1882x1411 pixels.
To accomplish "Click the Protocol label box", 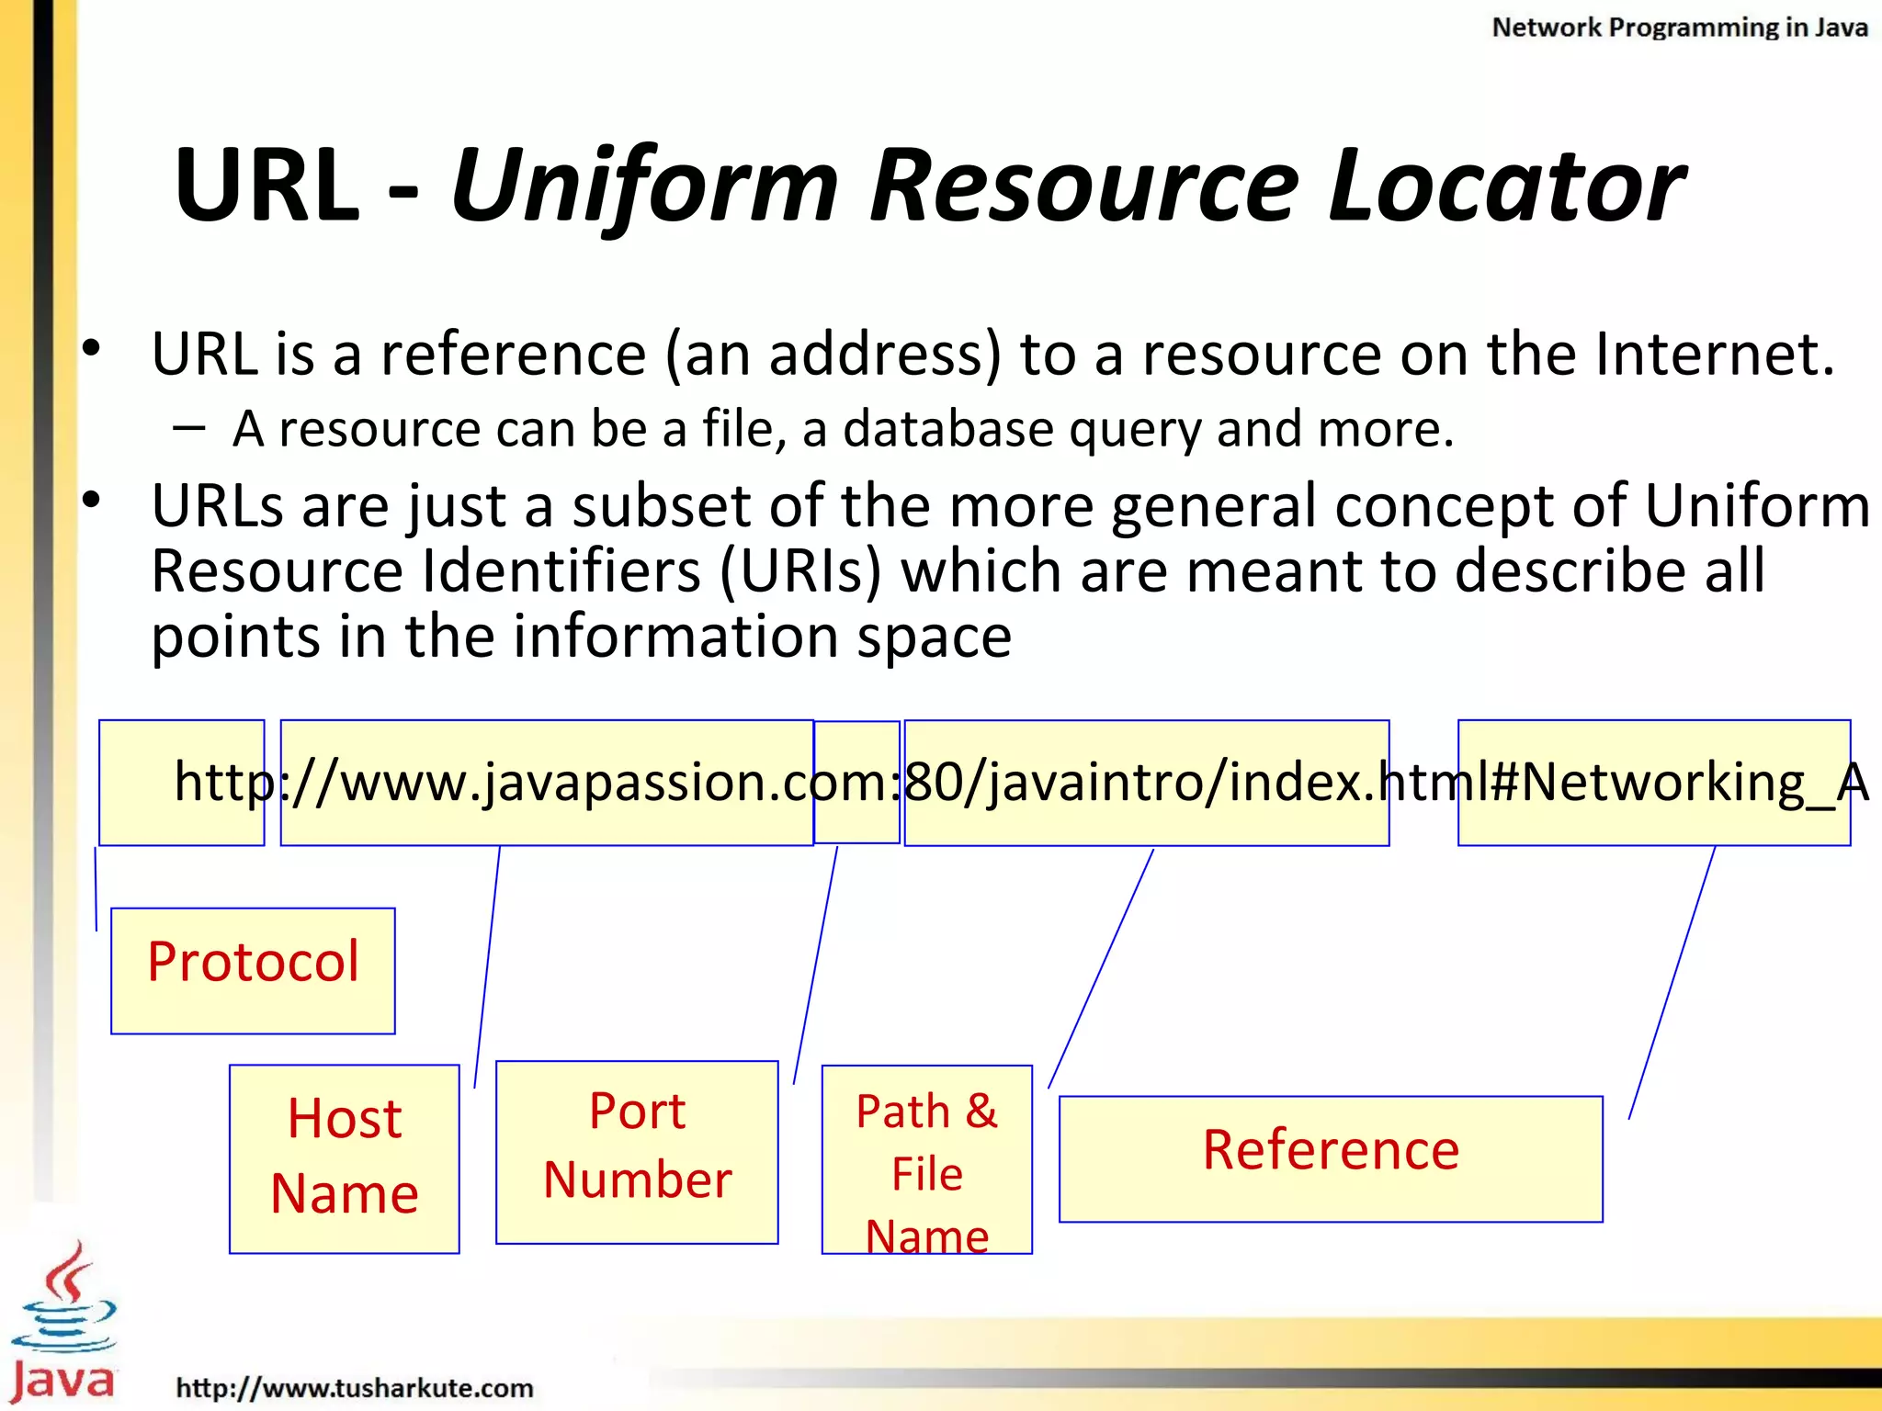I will (253, 970).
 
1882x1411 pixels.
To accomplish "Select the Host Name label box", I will (344, 1158).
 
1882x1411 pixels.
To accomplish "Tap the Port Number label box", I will (637, 1152).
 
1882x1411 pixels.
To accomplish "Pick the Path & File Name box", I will (926, 1159).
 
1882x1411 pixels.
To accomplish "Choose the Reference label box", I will (1330, 1157).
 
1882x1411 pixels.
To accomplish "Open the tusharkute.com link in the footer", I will (355, 1387).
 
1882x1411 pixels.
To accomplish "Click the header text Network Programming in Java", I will (1679, 28).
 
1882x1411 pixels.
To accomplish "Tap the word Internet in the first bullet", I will (1714, 354).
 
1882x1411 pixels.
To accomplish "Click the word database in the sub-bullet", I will (947, 429).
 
